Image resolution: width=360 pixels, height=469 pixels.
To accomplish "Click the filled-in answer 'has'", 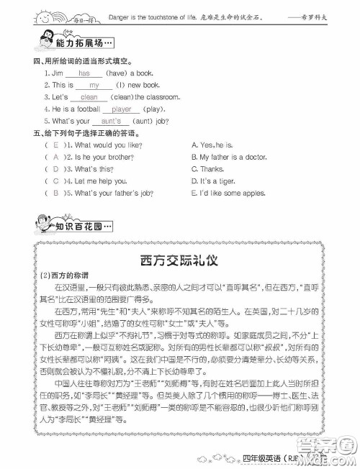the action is pos(85,73).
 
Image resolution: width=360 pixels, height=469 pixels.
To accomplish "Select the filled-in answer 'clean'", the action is pos(89,97).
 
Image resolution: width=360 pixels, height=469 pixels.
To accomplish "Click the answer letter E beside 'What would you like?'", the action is pos(55,145).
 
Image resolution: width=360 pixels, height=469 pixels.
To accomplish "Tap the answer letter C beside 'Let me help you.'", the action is pos(55,181).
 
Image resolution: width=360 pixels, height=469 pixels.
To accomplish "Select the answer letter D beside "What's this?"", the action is pos(55,169).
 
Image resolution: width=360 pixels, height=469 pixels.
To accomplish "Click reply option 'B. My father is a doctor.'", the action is pos(229,157).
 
